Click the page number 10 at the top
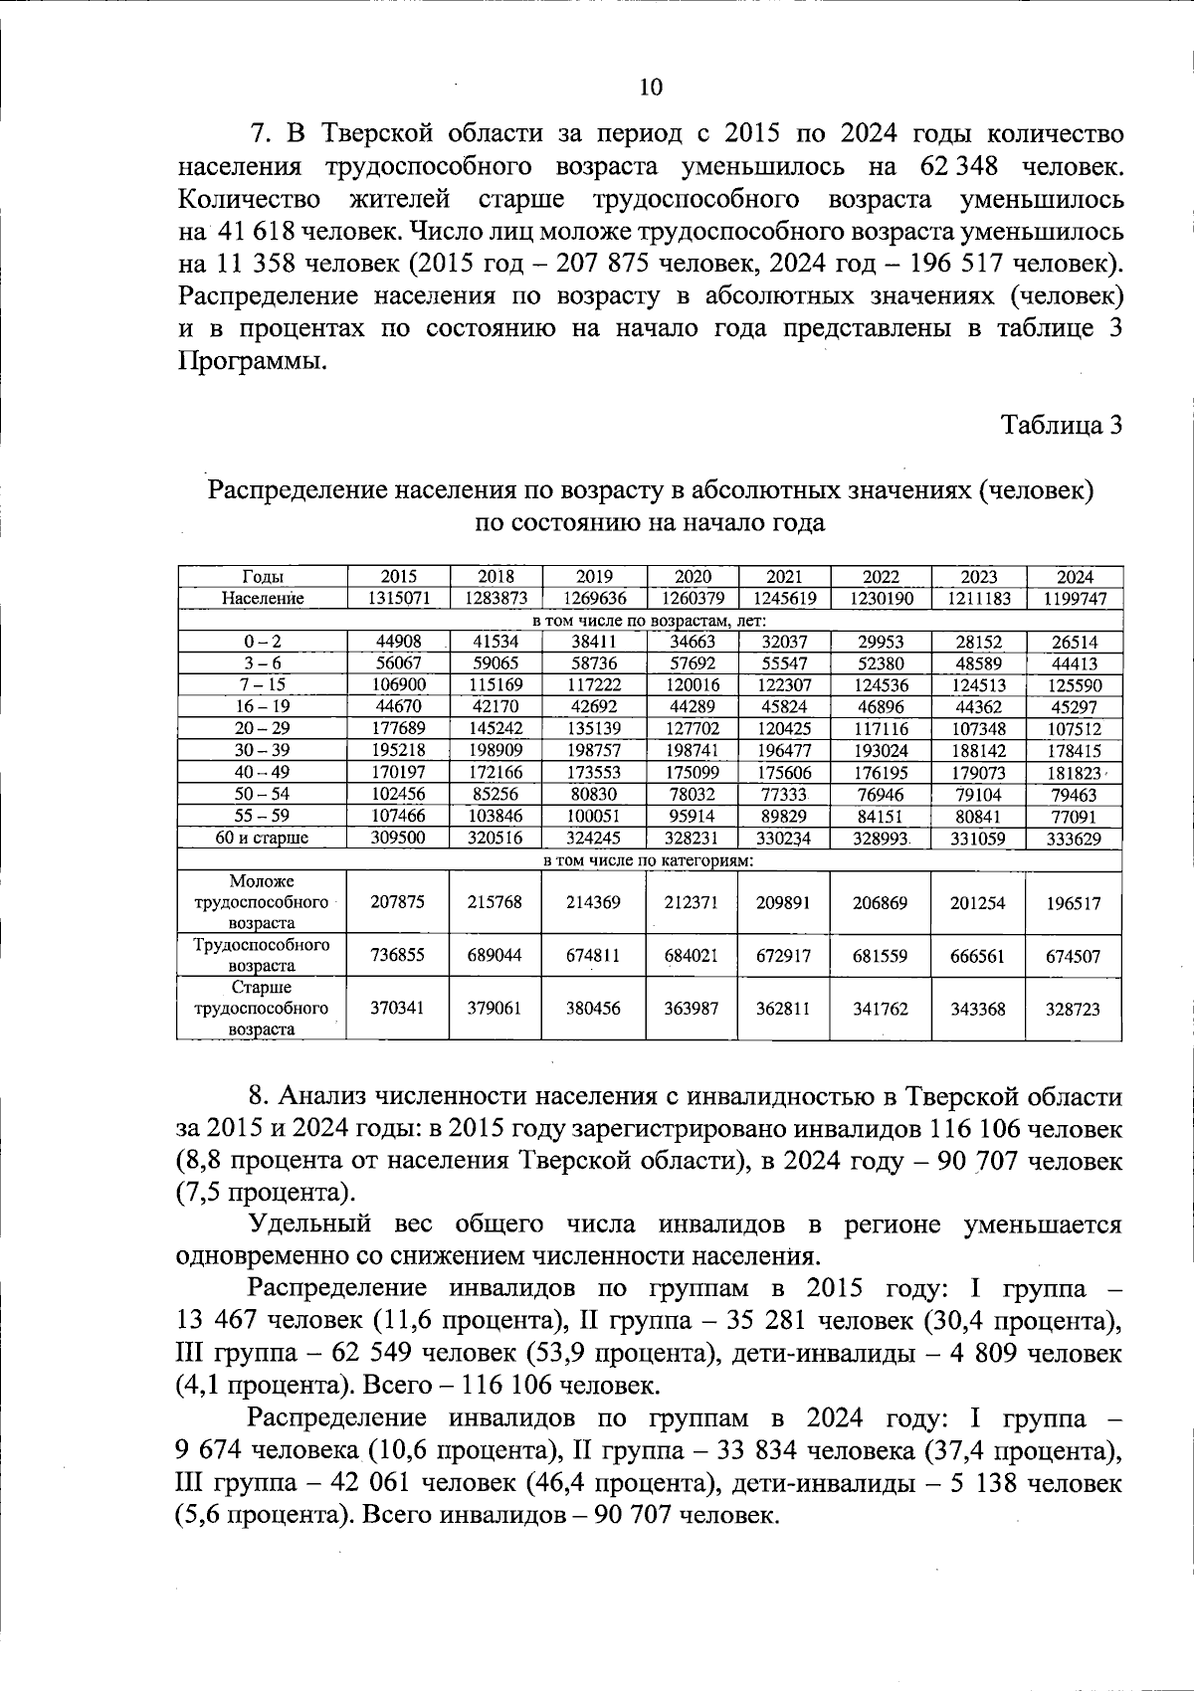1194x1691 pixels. point(650,88)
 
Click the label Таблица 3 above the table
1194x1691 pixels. point(1062,425)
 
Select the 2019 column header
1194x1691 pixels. point(594,577)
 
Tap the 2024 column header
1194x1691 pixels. point(1074,577)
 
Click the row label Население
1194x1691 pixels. point(263,599)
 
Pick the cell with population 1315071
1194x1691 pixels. point(398,599)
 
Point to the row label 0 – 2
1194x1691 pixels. point(263,642)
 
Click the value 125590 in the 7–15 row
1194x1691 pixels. point(1074,685)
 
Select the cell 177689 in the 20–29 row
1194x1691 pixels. point(398,728)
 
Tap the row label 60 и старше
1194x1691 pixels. point(263,839)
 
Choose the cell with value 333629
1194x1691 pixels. point(1074,839)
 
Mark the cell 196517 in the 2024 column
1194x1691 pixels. point(1074,903)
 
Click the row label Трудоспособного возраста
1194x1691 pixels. point(263,955)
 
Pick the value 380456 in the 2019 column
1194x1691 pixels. point(594,1009)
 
